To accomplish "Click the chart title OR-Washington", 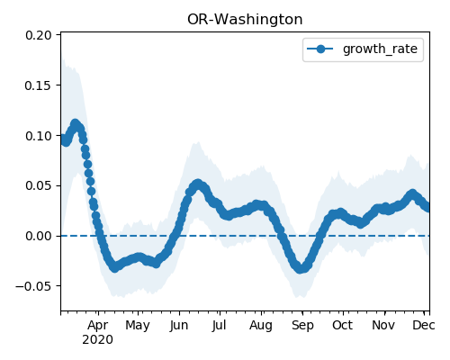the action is tap(245, 20).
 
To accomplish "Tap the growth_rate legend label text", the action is tap(380, 49).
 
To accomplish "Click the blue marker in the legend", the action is tap(320, 49).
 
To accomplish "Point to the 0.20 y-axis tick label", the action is tap(39, 35).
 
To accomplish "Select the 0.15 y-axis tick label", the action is tap(39, 85).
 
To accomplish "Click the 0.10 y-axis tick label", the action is tap(39, 136).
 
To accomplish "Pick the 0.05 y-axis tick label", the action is tap(39, 185).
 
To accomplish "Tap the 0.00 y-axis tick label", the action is tap(39, 236).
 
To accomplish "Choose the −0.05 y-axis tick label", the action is tap(34, 286).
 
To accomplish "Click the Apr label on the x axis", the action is tap(98, 325).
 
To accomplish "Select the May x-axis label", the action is tap(138, 325).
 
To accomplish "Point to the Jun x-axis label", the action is tap(179, 325).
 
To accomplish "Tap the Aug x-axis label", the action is tap(261, 325).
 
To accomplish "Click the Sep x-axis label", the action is tap(302, 325).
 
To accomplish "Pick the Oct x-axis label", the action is tap(342, 325).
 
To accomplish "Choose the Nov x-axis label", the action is tap(383, 325).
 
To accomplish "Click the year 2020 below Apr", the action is tap(98, 340).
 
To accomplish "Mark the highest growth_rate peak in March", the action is tap(75, 123).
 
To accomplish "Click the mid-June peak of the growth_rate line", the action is tap(197, 184).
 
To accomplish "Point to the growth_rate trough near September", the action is tap(301, 268).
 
